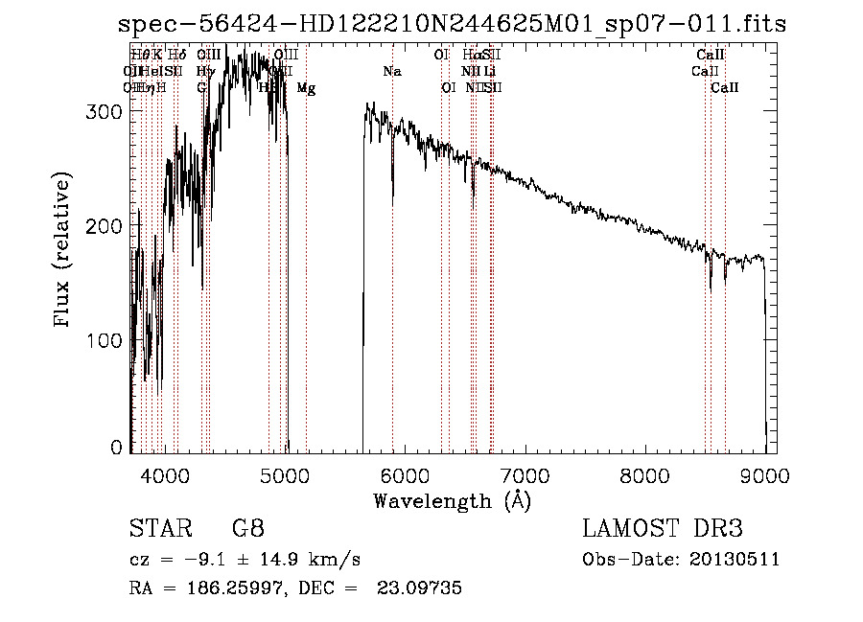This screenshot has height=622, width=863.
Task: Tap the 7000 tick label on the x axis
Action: [525, 472]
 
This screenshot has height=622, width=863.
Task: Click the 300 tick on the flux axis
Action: [107, 111]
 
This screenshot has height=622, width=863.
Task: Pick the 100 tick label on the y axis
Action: [107, 340]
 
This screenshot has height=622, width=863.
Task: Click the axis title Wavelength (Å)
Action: [452, 500]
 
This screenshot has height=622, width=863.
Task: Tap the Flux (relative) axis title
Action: [63, 251]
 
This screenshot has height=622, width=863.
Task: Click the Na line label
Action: [391, 72]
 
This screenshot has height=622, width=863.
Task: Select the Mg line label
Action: [306, 88]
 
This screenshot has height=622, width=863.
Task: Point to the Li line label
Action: [490, 72]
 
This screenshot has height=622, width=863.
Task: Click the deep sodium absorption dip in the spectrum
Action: [392, 196]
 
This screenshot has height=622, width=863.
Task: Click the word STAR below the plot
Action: [159, 529]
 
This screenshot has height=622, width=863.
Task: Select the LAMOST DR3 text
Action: [663, 529]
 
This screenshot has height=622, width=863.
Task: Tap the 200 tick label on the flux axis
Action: [107, 225]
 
